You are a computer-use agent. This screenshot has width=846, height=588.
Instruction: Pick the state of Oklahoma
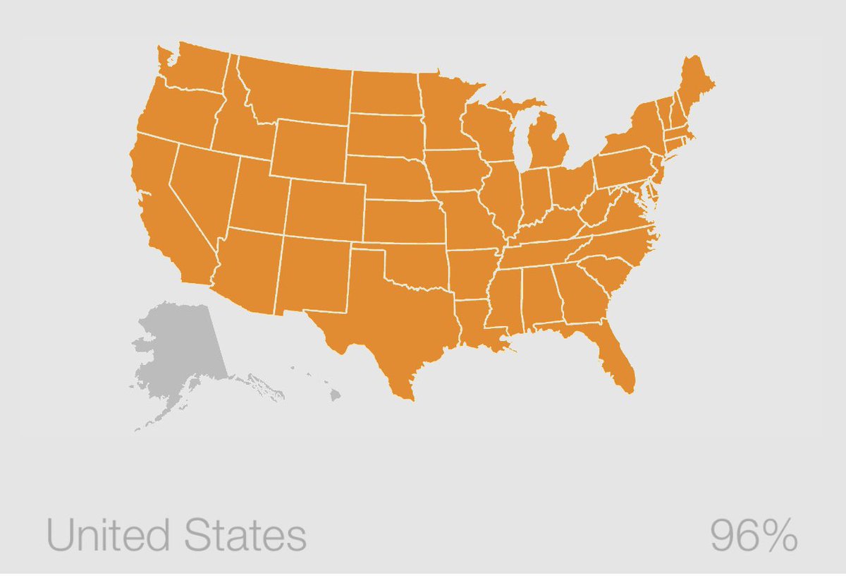[x=416, y=268]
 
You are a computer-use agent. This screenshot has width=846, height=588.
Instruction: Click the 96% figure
[x=753, y=536]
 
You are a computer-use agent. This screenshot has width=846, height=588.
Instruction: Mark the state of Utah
[x=257, y=198]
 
